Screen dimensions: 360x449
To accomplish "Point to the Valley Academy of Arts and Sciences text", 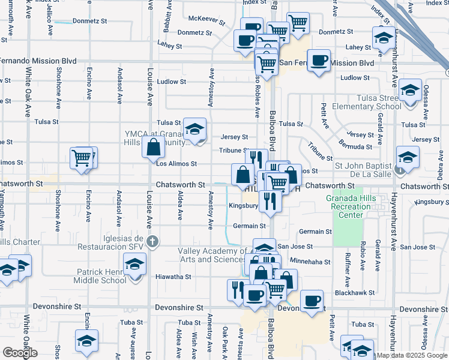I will coord(213,255).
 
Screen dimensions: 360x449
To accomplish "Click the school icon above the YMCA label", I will coord(194,128).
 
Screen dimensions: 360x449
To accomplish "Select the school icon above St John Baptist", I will coord(408,157).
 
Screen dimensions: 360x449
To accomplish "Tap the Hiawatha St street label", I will coord(174,277).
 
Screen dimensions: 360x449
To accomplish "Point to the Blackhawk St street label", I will coord(355,293).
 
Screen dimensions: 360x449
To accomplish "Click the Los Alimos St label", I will coord(176,163).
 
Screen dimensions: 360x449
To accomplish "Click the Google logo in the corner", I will coord(20,353).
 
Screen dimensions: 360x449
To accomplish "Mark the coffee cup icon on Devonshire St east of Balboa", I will coord(312,301).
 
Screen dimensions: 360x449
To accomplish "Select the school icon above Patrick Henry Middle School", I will coord(134,263).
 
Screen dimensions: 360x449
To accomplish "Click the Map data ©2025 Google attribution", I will coord(411,355).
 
